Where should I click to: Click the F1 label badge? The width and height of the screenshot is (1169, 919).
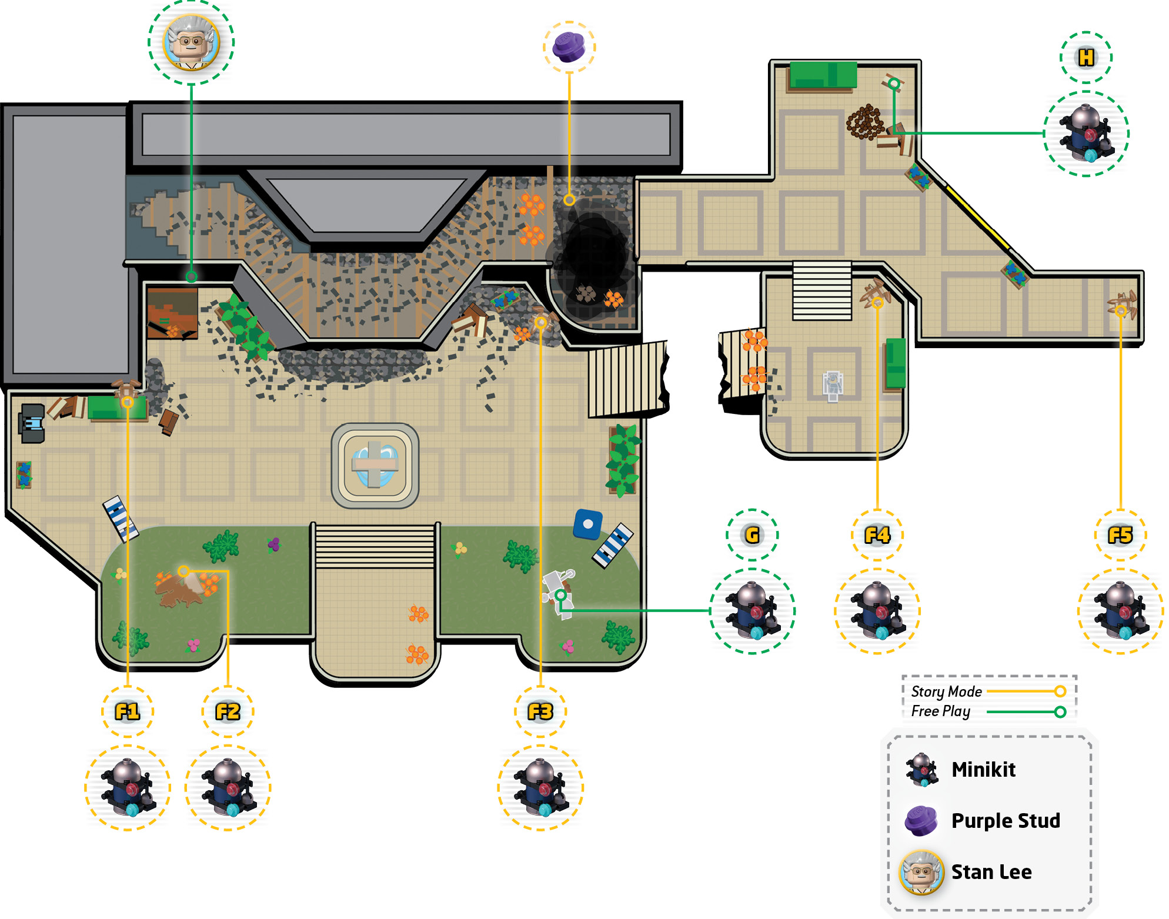[128, 711]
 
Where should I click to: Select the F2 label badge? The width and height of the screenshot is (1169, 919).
[228, 711]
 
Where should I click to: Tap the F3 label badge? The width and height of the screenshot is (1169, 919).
[540, 711]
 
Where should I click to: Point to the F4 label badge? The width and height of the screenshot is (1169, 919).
[877, 535]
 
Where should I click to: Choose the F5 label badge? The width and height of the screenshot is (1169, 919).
[1120, 535]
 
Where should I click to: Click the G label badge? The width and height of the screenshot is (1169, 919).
[752, 535]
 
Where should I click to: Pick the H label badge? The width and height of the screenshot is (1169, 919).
[1086, 58]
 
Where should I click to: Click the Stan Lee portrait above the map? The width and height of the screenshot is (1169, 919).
[191, 42]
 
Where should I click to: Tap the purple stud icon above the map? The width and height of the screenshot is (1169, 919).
[569, 47]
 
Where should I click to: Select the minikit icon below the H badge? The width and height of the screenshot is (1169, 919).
[1086, 133]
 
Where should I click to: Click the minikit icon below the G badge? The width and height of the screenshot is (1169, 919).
[752, 611]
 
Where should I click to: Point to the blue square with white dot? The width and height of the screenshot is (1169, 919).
[588, 524]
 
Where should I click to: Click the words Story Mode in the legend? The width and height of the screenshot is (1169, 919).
[946, 691]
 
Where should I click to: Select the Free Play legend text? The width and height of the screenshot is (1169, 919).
[941, 711]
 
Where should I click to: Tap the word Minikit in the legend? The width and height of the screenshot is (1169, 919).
[983, 770]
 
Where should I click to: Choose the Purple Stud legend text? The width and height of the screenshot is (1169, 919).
[1006, 821]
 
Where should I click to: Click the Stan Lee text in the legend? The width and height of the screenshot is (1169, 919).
[991, 872]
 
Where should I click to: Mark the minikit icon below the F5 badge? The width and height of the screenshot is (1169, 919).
[1120, 611]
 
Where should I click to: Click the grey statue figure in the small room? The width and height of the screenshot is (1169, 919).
[833, 386]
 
